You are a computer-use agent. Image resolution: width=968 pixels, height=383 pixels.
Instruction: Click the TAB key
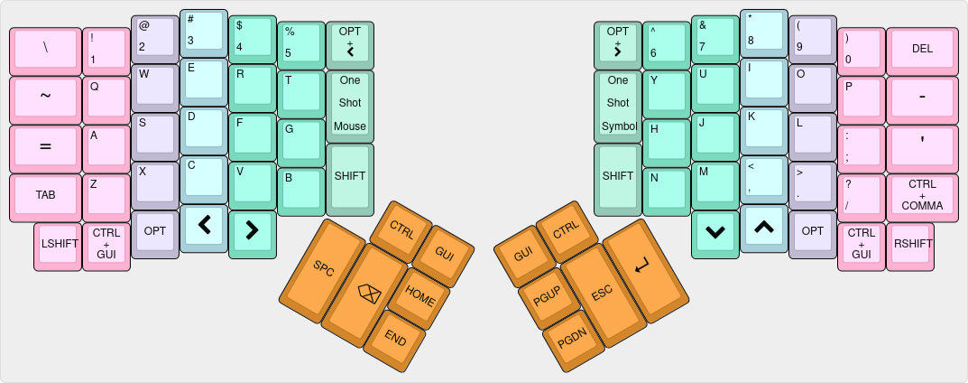coord(45,195)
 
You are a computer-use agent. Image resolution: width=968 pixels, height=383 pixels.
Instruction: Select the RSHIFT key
coord(910,244)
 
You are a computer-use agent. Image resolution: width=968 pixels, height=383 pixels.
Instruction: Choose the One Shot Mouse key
coord(349,104)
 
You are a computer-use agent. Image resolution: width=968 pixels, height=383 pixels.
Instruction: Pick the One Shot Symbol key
coord(618,104)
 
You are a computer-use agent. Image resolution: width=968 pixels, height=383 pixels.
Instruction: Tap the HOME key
coord(419,294)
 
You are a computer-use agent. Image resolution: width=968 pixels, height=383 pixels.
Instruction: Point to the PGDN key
coord(572,340)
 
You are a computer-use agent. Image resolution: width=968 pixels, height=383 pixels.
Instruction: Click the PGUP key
coord(548,294)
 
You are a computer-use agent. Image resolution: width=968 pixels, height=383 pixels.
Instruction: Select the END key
coord(395,338)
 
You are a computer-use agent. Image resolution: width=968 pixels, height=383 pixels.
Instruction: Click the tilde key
coord(45,98)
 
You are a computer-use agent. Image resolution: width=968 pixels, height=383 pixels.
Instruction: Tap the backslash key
coord(45,49)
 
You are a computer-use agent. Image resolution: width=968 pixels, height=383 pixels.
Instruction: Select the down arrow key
coord(714,231)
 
